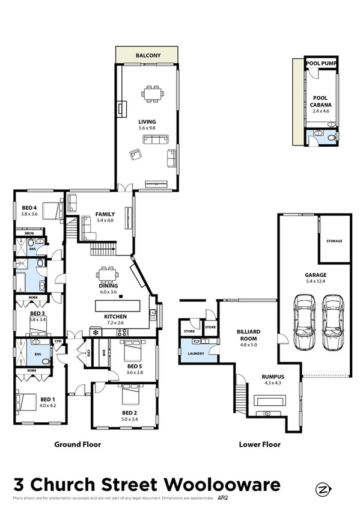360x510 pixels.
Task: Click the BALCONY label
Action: point(147,55)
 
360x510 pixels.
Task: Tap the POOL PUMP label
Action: point(321,63)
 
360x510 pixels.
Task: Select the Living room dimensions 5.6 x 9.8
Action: point(147,128)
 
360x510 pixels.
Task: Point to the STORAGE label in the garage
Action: point(334,241)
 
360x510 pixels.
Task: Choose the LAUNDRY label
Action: point(197,354)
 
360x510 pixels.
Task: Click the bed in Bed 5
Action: point(132,349)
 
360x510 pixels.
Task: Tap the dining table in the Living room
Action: point(151,94)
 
